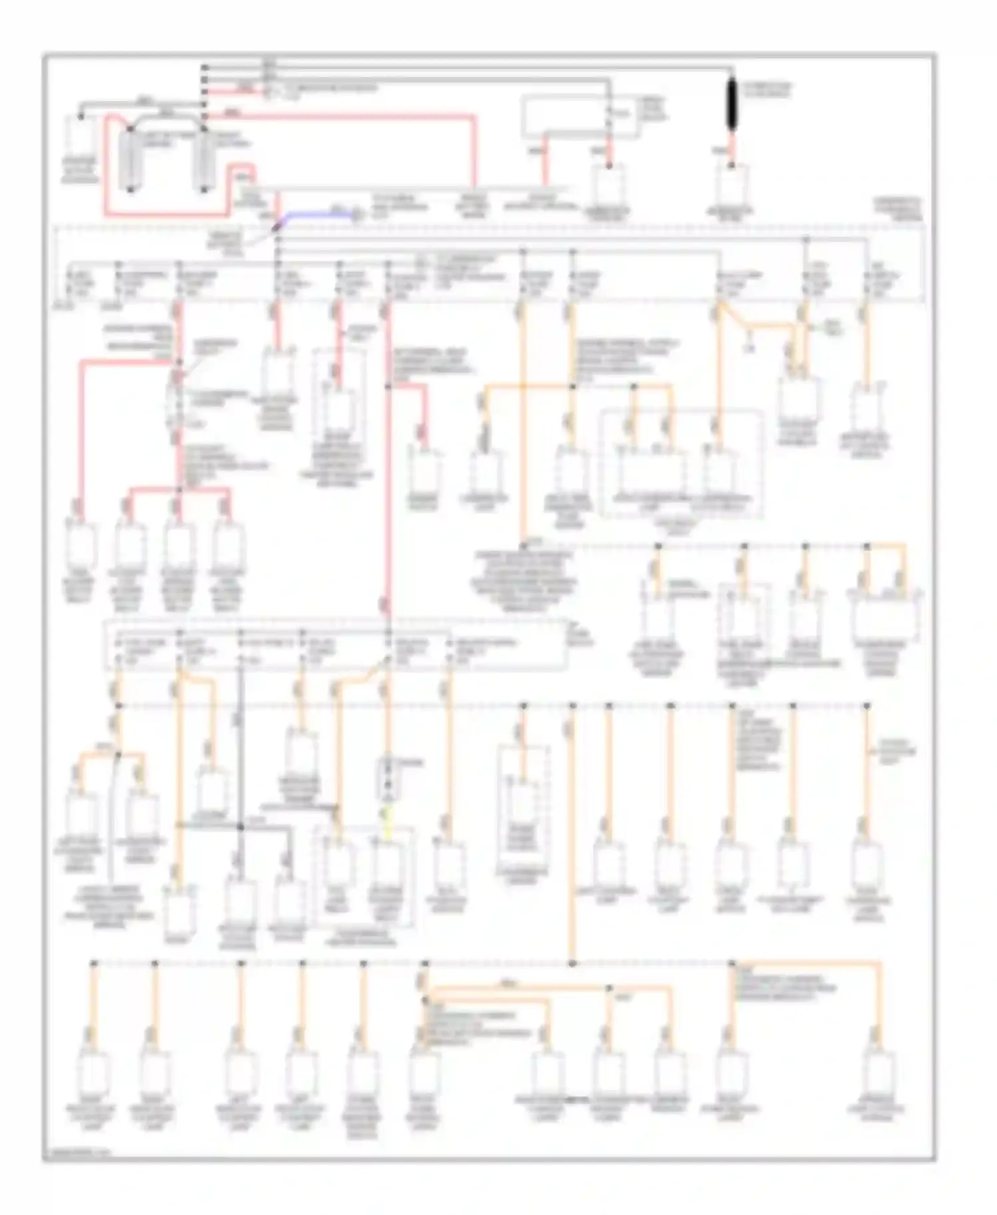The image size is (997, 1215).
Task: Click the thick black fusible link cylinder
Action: point(732,107)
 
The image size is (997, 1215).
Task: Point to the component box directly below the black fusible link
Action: point(732,184)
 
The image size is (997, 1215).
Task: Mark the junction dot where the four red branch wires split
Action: point(178,490)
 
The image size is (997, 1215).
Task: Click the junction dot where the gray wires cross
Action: point(241,827)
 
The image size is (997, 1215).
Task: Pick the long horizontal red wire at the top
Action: point(346,117)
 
